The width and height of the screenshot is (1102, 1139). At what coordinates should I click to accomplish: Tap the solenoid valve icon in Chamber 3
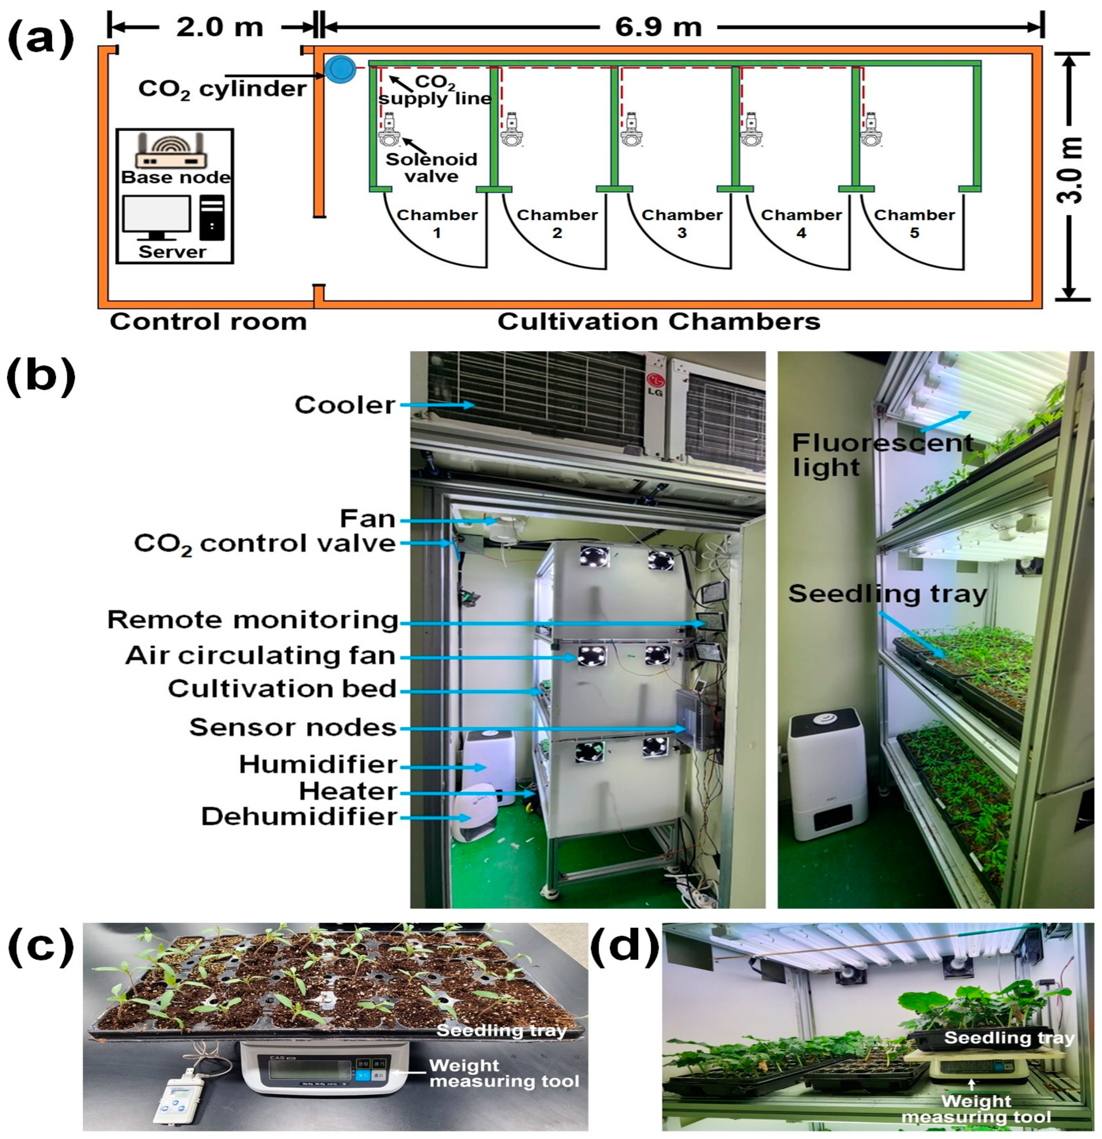[x=631, y=130]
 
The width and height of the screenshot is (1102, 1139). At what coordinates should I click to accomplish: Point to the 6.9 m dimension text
[x=658, y=27]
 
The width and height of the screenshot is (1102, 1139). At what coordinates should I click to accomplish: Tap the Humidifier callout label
[x=318, y=765]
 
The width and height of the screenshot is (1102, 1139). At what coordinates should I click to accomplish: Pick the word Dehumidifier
[x=299, y=817]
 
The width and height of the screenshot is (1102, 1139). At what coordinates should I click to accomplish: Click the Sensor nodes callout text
[x=293, y=728]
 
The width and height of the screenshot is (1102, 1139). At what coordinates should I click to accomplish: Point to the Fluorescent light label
[x=880, y=455]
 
